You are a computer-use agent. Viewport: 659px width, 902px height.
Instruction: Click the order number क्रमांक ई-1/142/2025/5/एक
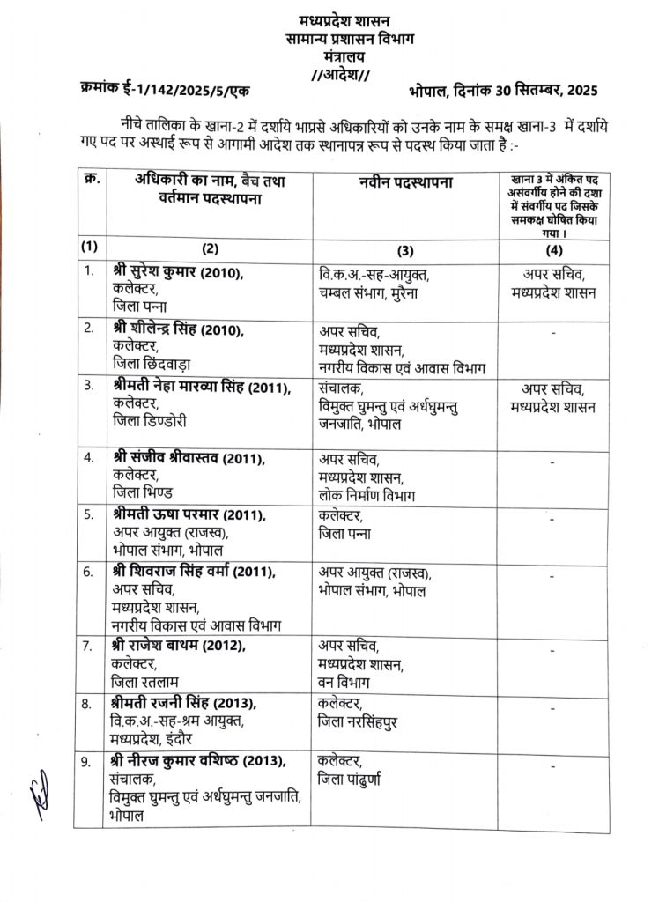tap(164, 89)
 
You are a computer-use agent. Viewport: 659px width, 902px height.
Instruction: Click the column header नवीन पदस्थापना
tap(404, 182)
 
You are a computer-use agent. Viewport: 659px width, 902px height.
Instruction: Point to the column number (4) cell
tap(555, 244)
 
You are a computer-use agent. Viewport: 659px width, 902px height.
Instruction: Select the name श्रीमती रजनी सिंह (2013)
tap(182, 702)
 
